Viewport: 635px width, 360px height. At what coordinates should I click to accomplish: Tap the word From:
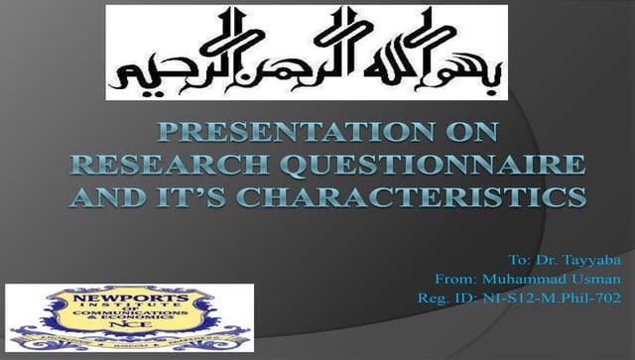[455, 278]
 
